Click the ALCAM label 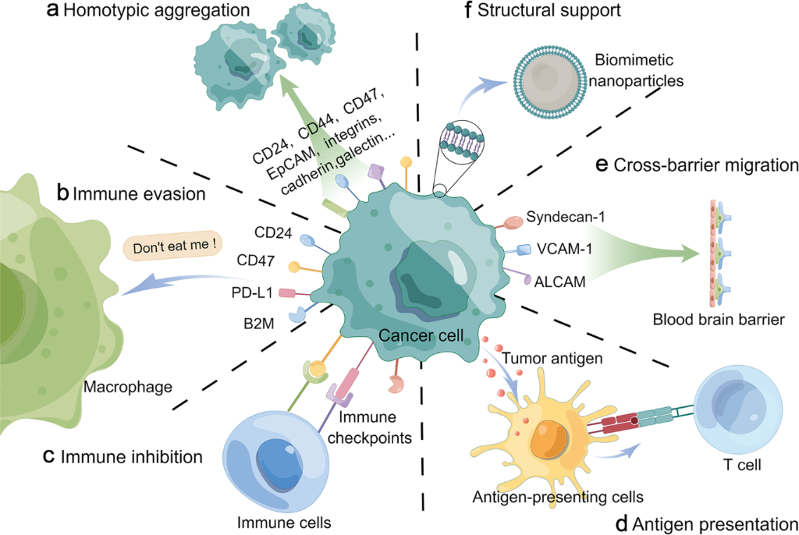coord(557,277)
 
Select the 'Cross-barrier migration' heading coord(706,166)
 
